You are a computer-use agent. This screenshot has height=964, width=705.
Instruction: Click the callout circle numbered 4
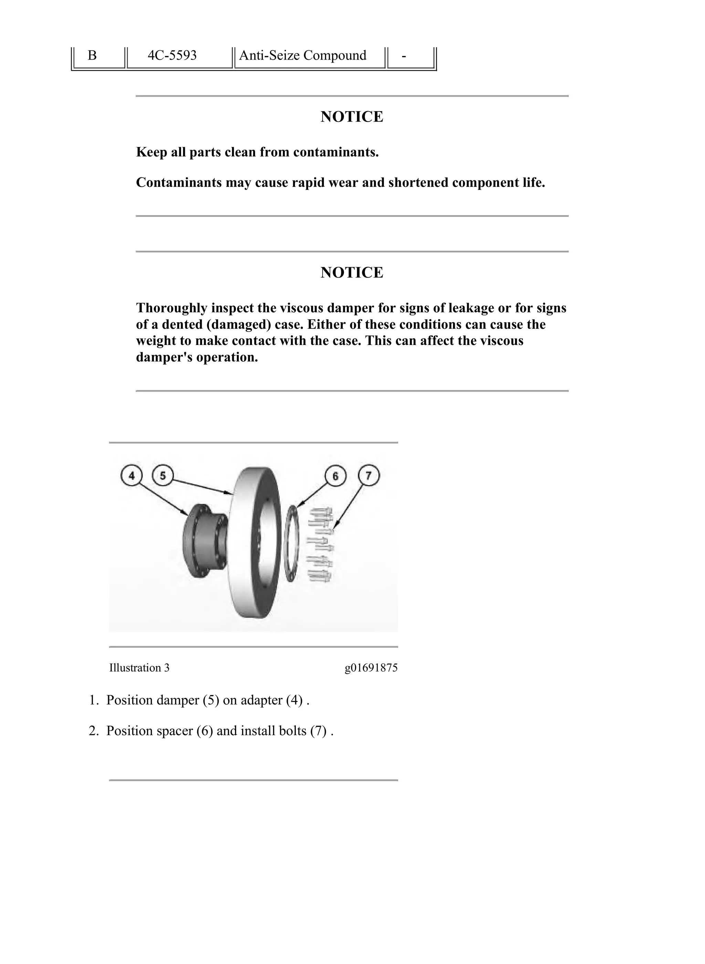click(x=132, y=475)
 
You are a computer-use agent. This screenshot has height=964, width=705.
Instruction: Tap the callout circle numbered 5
click(x=162, y=475)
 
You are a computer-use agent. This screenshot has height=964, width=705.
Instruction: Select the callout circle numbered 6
click(x=335, y=476)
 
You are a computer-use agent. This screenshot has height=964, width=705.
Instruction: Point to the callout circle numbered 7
click(x=369, y=475)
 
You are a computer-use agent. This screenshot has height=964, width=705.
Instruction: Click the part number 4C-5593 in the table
click(x=172, y=55)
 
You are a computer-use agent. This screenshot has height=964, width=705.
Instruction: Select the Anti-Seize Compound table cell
click(x=303, y=55)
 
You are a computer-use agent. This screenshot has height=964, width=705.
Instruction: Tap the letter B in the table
click(x=92, y=55)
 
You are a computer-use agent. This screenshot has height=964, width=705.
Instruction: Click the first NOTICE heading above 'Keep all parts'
click(x=352, y=116)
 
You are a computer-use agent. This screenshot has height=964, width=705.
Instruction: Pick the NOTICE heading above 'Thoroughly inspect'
click(x=352, y=272)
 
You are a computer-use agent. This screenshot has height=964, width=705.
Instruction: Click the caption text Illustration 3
click(x=139, y=668)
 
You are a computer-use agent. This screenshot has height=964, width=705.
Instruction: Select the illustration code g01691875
click(x=371, y=668)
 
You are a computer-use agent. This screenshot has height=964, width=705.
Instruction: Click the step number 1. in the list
click(x=94, y=700)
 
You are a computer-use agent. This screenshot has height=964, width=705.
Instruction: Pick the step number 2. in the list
click(x=94, y=731)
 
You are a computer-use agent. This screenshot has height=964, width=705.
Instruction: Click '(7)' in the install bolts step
click(x=318, y=731)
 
